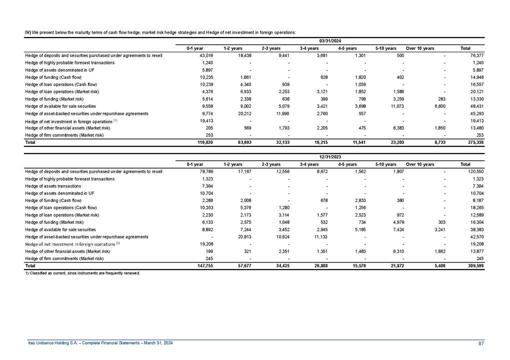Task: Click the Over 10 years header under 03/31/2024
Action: [419, 48]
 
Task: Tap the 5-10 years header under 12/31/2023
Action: [386, 164]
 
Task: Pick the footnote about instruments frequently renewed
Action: [83, 273]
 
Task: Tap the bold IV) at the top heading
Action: [28, 32]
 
